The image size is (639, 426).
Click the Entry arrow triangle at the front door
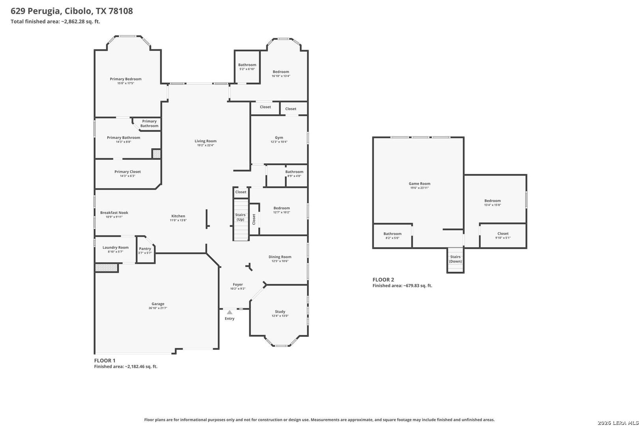230,312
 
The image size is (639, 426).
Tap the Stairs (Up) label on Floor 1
240,217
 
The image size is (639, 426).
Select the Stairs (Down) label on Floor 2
455,259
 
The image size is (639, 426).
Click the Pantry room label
145,248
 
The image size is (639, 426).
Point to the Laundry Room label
116,247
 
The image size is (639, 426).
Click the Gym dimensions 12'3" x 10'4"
279,142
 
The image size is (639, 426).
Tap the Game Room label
419,183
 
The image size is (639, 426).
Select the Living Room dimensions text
206,145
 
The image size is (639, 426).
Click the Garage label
158,304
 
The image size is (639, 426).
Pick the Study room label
280,312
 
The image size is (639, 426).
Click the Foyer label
237,284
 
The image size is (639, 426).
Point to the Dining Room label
280,257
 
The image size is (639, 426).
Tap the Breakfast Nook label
114,213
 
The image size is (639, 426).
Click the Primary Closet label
127,172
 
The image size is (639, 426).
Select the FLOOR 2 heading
383,280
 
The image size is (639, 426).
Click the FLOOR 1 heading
105,361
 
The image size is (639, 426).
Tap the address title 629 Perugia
35,11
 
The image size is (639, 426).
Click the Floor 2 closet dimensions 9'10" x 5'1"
503,238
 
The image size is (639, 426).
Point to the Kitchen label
178,216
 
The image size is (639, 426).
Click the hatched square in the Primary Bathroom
156,154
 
